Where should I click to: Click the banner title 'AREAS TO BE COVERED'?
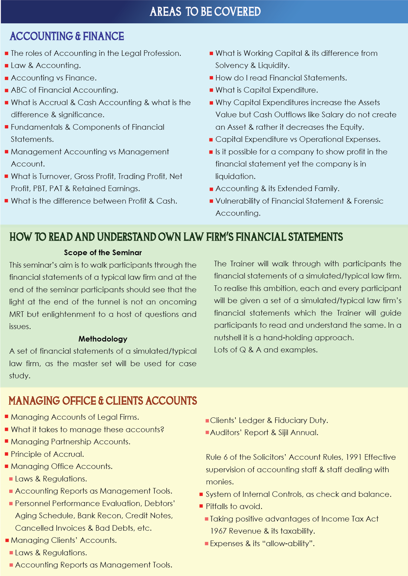click(205, 12)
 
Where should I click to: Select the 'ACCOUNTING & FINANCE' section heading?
click(67, 36)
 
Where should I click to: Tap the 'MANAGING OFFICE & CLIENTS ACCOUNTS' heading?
click(103, 401)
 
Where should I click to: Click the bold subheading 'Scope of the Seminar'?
click(103, 253)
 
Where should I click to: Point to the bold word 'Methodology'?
click(103, 339)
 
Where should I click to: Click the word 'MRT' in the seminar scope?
click(16, 314)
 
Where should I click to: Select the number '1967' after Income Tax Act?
click(218, 531)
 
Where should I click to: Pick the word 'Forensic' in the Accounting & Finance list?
click(368, 201)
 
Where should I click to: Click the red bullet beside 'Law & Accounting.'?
click(6, 66)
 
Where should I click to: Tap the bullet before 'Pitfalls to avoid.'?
click(201, 506)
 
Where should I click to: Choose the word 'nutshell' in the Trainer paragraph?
click(227, 338)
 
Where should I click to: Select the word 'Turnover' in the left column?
click(55, 176)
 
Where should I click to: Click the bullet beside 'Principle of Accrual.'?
click(6, 454)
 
